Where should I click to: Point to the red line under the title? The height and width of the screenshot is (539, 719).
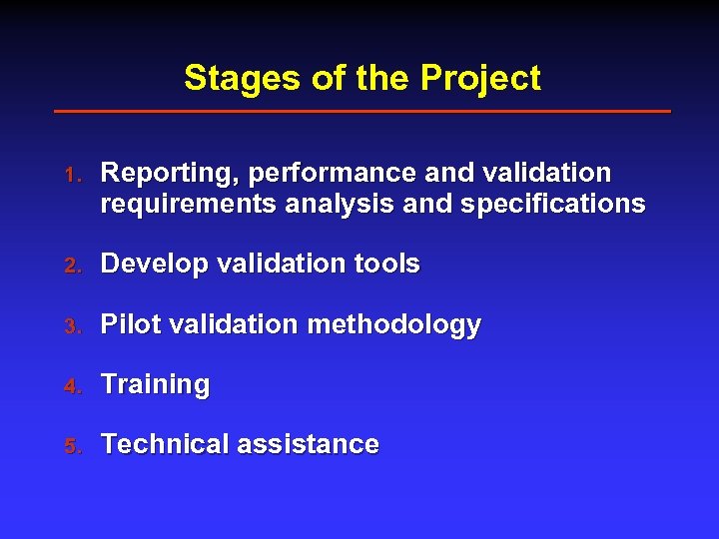click(361, 111)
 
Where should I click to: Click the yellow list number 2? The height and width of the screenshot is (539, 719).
click(71, 266)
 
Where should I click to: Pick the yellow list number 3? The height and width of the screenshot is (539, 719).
click(71, 325)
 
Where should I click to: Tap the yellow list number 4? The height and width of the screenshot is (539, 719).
click(71, 385)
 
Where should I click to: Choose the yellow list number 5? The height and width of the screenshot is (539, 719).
click(71, 445)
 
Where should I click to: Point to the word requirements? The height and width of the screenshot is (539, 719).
click(190, 205)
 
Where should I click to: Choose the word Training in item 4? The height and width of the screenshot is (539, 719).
click(156, 385)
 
